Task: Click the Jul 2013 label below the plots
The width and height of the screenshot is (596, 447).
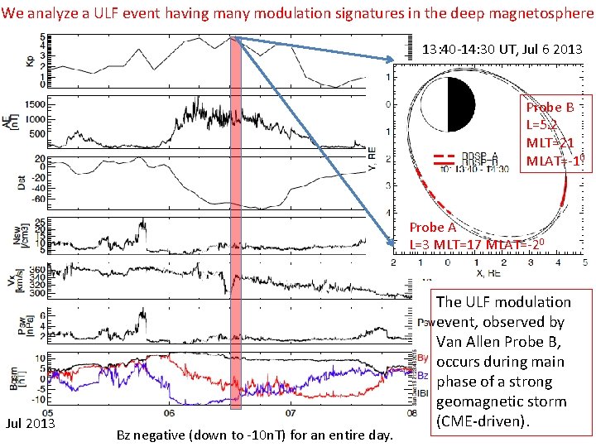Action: (31, 425)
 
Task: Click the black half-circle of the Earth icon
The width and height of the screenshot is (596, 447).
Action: (461, 109)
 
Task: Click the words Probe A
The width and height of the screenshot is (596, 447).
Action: (432, 228)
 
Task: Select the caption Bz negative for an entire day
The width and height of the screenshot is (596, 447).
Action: (254, 435)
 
